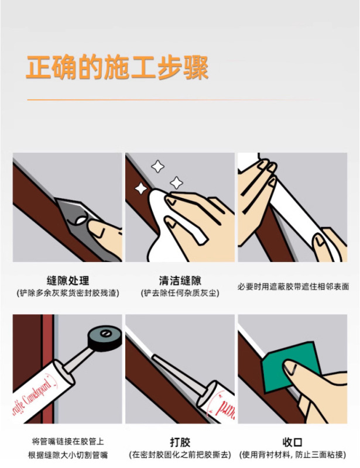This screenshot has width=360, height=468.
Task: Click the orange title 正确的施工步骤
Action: click(117, 67)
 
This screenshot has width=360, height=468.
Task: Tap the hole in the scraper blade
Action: click(81, 221)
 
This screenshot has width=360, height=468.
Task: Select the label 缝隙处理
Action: click(68, 281)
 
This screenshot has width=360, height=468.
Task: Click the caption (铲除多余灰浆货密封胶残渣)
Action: click(68, 293)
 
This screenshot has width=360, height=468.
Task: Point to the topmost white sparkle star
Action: click(157, 166)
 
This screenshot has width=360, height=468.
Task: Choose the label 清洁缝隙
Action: click(180, 281)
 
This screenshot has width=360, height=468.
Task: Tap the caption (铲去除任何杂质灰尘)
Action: click(180, 293)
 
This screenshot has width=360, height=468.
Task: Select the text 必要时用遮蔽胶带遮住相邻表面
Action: click(293, 287)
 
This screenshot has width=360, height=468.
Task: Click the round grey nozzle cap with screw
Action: click(105, 338)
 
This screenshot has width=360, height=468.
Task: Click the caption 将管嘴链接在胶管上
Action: click(68, 442)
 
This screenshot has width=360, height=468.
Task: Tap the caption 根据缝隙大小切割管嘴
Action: click(68, 455)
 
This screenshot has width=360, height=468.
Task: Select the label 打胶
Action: click(180, 442)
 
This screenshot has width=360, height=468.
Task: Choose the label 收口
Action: click(293, 442)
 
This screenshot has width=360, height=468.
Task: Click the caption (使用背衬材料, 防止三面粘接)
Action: click(293, 455)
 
